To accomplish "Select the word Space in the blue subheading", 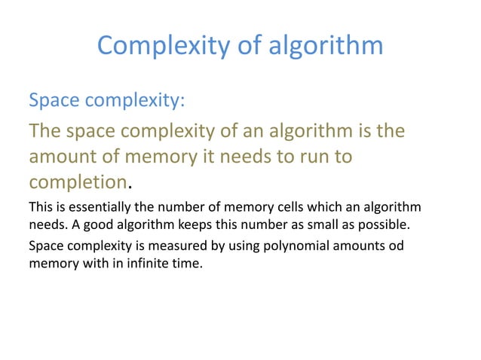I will [54, 100].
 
